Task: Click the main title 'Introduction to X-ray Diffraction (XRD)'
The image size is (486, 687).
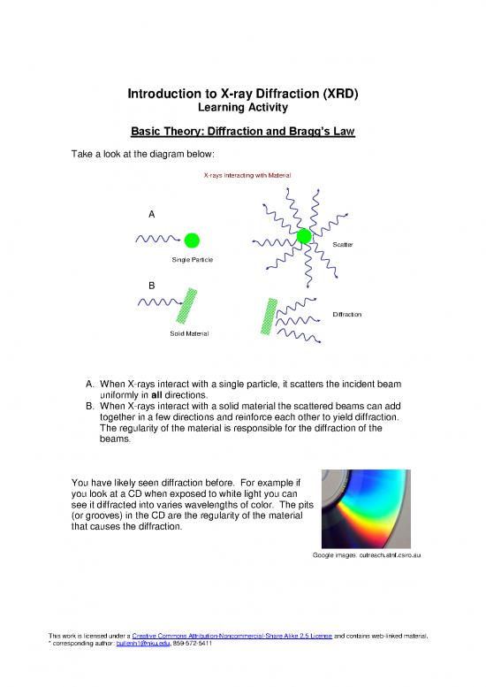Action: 242,93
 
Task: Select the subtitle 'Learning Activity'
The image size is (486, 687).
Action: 242,107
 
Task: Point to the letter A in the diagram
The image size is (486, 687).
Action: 152,215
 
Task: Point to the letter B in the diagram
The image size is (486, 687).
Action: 152,286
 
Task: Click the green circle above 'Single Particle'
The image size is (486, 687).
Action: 192,240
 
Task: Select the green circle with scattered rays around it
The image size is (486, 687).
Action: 305,236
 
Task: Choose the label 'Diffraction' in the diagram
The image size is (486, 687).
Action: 347,315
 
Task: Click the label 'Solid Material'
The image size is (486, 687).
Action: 188,333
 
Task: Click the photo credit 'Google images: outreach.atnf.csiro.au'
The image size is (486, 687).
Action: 361,555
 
